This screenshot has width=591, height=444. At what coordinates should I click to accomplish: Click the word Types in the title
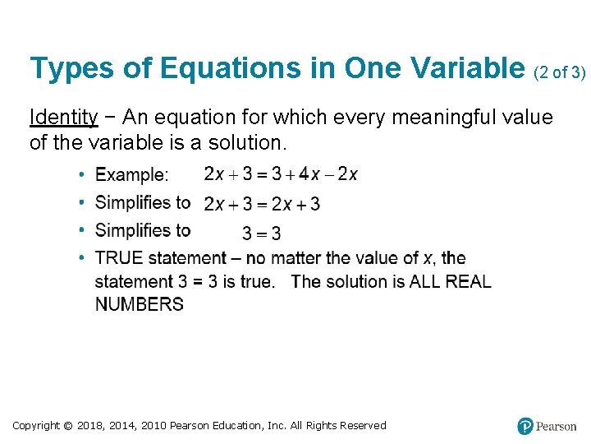click(x=71, y=69)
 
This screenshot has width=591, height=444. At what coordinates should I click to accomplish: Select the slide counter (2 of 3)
click(x=560, y=72)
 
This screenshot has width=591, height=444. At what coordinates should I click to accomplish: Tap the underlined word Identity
click(x=63, y=118)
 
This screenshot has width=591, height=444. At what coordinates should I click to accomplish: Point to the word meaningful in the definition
click(x=442, y=118)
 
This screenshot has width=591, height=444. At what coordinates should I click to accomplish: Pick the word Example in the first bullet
click(x=130, y=175)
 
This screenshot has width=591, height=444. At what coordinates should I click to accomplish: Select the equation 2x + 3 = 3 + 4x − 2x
click(x=281, y=174)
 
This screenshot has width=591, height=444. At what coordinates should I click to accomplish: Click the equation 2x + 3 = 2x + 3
click(x=262, y=203)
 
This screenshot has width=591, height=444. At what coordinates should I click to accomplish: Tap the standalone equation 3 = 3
click(x=261, y=234)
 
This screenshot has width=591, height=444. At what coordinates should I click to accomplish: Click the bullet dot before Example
click(x=82, y=175)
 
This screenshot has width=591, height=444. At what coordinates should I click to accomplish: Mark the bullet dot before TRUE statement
click(x=82, y=258)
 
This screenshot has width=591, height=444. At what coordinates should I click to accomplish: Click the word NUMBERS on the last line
click(x=140, y=304)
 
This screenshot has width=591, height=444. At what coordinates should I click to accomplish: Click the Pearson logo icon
click(x=525, y=426)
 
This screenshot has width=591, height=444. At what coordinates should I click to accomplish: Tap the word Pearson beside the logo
click(x=557, y=426)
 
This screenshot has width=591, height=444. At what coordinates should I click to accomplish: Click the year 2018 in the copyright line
click(x=93, y=425)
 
